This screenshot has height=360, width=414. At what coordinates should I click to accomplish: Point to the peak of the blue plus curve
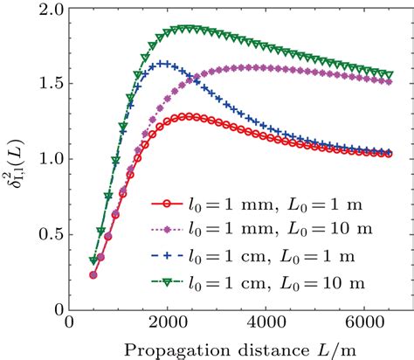pos(163,64)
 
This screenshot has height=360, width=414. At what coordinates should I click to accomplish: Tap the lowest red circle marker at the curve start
pos(93,274)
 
